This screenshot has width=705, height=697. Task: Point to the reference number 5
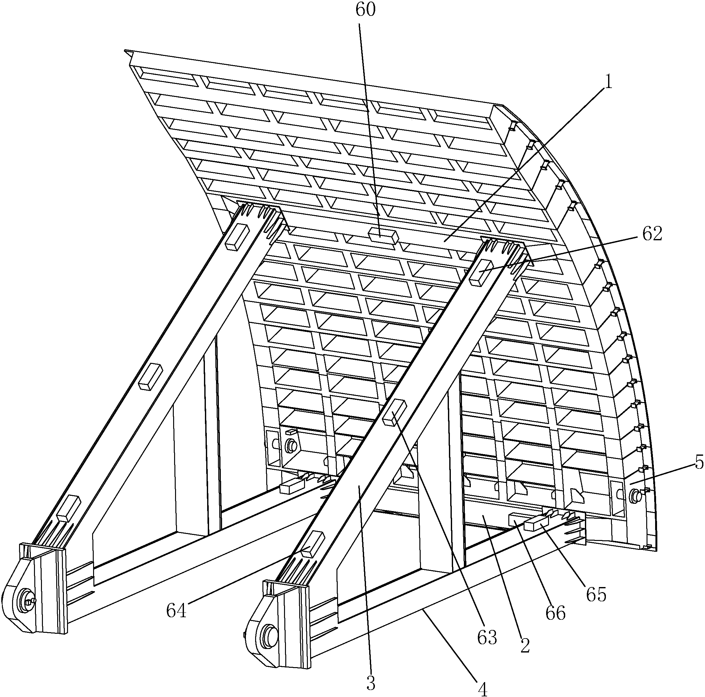699,463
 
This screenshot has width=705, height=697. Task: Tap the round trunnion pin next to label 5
636,495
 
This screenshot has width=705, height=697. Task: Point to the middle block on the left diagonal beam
150,378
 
